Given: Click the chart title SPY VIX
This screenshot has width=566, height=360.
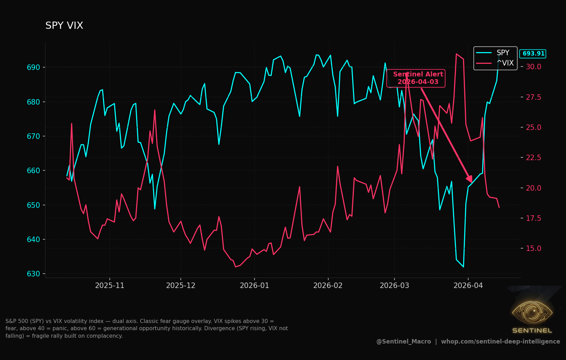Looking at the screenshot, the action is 64,25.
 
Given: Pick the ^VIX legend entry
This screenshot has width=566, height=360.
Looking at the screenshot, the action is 495,63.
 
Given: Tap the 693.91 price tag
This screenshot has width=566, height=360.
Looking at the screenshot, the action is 533,53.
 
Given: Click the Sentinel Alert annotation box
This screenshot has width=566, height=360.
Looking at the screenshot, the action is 416,78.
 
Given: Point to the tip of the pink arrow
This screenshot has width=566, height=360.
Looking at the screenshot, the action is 472,182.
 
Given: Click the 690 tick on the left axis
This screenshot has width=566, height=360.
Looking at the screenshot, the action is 33,68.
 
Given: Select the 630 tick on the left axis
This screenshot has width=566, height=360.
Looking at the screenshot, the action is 33,274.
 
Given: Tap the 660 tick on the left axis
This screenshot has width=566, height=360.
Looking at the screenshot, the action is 33,171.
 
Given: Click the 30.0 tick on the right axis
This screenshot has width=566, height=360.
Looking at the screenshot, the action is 534,67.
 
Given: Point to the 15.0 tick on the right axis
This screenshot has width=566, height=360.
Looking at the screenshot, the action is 534,248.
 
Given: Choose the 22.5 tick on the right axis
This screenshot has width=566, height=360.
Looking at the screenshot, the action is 534,158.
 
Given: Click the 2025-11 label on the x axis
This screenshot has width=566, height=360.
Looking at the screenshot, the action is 110,286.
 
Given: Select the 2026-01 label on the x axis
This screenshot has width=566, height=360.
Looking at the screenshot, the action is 255,286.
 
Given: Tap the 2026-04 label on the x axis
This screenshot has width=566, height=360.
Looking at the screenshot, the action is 468,286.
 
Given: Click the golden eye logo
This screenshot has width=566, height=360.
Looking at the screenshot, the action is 532,313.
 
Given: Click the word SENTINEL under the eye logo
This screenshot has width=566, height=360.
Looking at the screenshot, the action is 532,331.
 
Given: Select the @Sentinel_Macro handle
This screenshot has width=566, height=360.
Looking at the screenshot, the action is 404,341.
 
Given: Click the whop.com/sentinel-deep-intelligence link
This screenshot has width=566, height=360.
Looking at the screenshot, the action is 500,341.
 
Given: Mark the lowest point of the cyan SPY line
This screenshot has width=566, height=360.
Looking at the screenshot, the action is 463,267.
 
